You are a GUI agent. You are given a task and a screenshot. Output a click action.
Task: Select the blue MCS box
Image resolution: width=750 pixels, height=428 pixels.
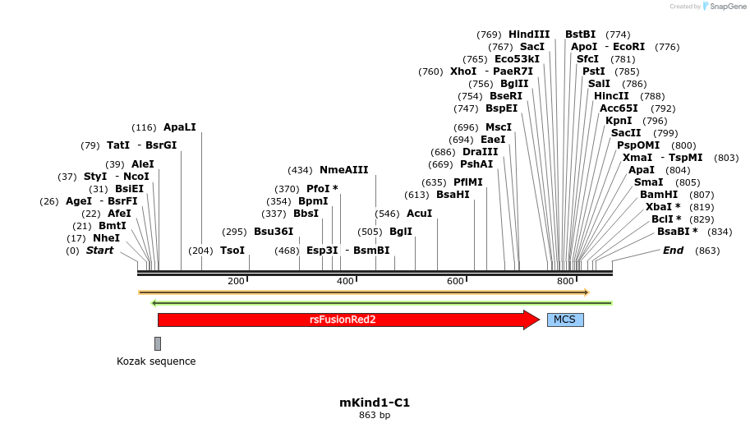click(x=565, y=320)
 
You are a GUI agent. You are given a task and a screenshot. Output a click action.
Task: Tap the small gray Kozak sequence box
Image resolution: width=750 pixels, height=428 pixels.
click(x=158, y=343)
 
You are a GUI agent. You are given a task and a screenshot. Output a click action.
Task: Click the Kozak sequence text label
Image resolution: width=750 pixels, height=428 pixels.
click(x=156, y=361)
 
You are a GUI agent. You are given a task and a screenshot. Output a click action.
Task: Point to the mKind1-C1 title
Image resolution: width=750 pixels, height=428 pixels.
click(x=375, y=403)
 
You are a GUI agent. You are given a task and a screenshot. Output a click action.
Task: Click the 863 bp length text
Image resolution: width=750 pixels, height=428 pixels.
click(x=375, y=416)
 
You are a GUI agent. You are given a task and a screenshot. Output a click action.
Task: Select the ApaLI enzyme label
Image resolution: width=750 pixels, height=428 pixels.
click(x=180, y=127)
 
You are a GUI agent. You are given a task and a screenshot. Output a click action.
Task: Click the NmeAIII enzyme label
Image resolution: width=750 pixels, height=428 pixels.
click(x=343, y=170)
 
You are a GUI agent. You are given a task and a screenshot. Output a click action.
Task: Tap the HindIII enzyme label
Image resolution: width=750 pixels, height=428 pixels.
click(x=529, y=35)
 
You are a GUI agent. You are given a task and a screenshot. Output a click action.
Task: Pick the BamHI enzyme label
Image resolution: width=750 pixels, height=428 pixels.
click(x=659, y=195)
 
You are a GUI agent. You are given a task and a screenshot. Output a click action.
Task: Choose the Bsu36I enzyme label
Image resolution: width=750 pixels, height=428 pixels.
click(x=274, y=232)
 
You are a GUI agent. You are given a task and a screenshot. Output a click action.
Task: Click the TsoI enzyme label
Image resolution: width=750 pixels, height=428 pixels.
click(x=232, y=251)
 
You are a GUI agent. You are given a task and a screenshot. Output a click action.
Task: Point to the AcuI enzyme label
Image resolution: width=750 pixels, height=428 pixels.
click(x=419, y=214)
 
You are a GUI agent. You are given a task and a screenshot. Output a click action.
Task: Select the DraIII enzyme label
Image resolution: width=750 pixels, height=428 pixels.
click(x=481, y=152)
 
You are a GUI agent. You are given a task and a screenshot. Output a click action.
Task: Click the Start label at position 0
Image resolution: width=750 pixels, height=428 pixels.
click(x=99, y=251)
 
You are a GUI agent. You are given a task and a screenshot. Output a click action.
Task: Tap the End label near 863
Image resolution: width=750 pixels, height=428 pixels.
click(x=673, y=251)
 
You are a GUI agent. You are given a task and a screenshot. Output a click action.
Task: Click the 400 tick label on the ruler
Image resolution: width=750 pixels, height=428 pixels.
click(x=345, y=282)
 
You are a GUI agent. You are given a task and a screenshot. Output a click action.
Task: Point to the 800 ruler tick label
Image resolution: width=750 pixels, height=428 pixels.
click(x=565, y=282)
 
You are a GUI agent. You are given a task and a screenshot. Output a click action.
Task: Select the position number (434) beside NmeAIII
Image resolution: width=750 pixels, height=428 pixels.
click(x=300, y=170)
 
